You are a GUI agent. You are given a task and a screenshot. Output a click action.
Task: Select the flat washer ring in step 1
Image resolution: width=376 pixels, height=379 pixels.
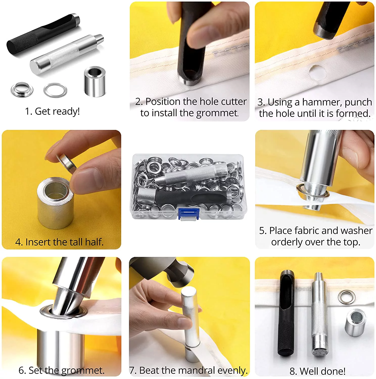tap(55, 90)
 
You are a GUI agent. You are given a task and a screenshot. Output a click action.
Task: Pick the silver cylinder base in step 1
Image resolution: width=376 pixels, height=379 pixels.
tap(95, 81)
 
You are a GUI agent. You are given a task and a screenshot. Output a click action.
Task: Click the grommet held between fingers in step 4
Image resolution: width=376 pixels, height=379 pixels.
tap(66, 163)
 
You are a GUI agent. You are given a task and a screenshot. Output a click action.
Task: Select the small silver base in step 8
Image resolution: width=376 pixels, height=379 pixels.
tap(355, 322)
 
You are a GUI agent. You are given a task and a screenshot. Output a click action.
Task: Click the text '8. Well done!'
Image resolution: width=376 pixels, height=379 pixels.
tap(317, 371)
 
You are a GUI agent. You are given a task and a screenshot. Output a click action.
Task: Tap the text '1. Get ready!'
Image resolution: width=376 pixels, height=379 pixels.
tap(52, 111)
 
